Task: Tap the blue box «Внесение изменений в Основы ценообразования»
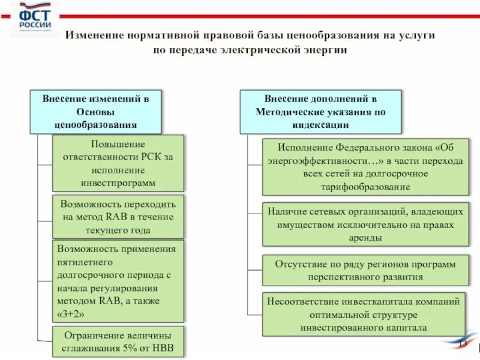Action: point(95,112)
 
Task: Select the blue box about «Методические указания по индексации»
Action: point(320,112)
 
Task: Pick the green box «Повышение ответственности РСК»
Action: point(118,163)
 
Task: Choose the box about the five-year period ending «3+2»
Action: point(118,281)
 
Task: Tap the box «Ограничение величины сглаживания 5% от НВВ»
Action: point(118,341)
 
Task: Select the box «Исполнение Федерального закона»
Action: point(365,167)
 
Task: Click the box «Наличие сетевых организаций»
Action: point(365,224)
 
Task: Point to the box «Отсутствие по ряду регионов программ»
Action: point(365,270)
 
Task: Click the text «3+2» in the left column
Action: point(71,313)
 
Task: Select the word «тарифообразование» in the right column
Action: point(365,187)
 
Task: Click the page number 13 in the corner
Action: point(462,344)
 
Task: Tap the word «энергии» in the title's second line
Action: point(329,50)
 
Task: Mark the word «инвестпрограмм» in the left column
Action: point(118,182)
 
